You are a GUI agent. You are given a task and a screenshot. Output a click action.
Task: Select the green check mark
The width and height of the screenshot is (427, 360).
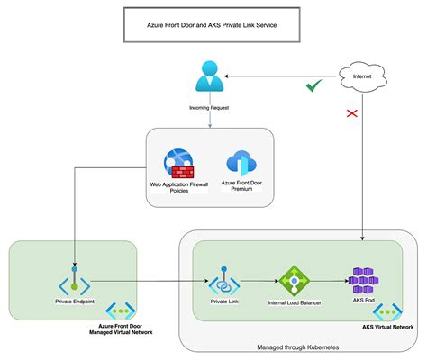(x=313, y=86)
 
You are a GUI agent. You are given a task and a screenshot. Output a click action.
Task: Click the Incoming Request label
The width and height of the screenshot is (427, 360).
(x=208, y=107)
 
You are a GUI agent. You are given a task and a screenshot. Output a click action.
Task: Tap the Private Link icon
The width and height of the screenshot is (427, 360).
(x=224, y=283)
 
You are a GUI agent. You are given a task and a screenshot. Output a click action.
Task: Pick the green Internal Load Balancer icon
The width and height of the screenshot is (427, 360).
(x=294, y=282)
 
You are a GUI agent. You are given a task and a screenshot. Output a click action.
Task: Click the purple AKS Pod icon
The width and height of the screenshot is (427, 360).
(x=363, y=281)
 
